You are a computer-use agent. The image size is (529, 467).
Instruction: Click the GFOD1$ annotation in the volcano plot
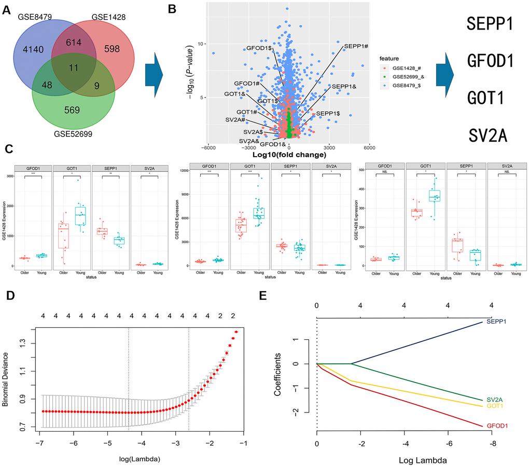[x=261, y=48]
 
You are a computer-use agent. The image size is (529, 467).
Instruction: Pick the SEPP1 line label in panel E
[x=496, y=322]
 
